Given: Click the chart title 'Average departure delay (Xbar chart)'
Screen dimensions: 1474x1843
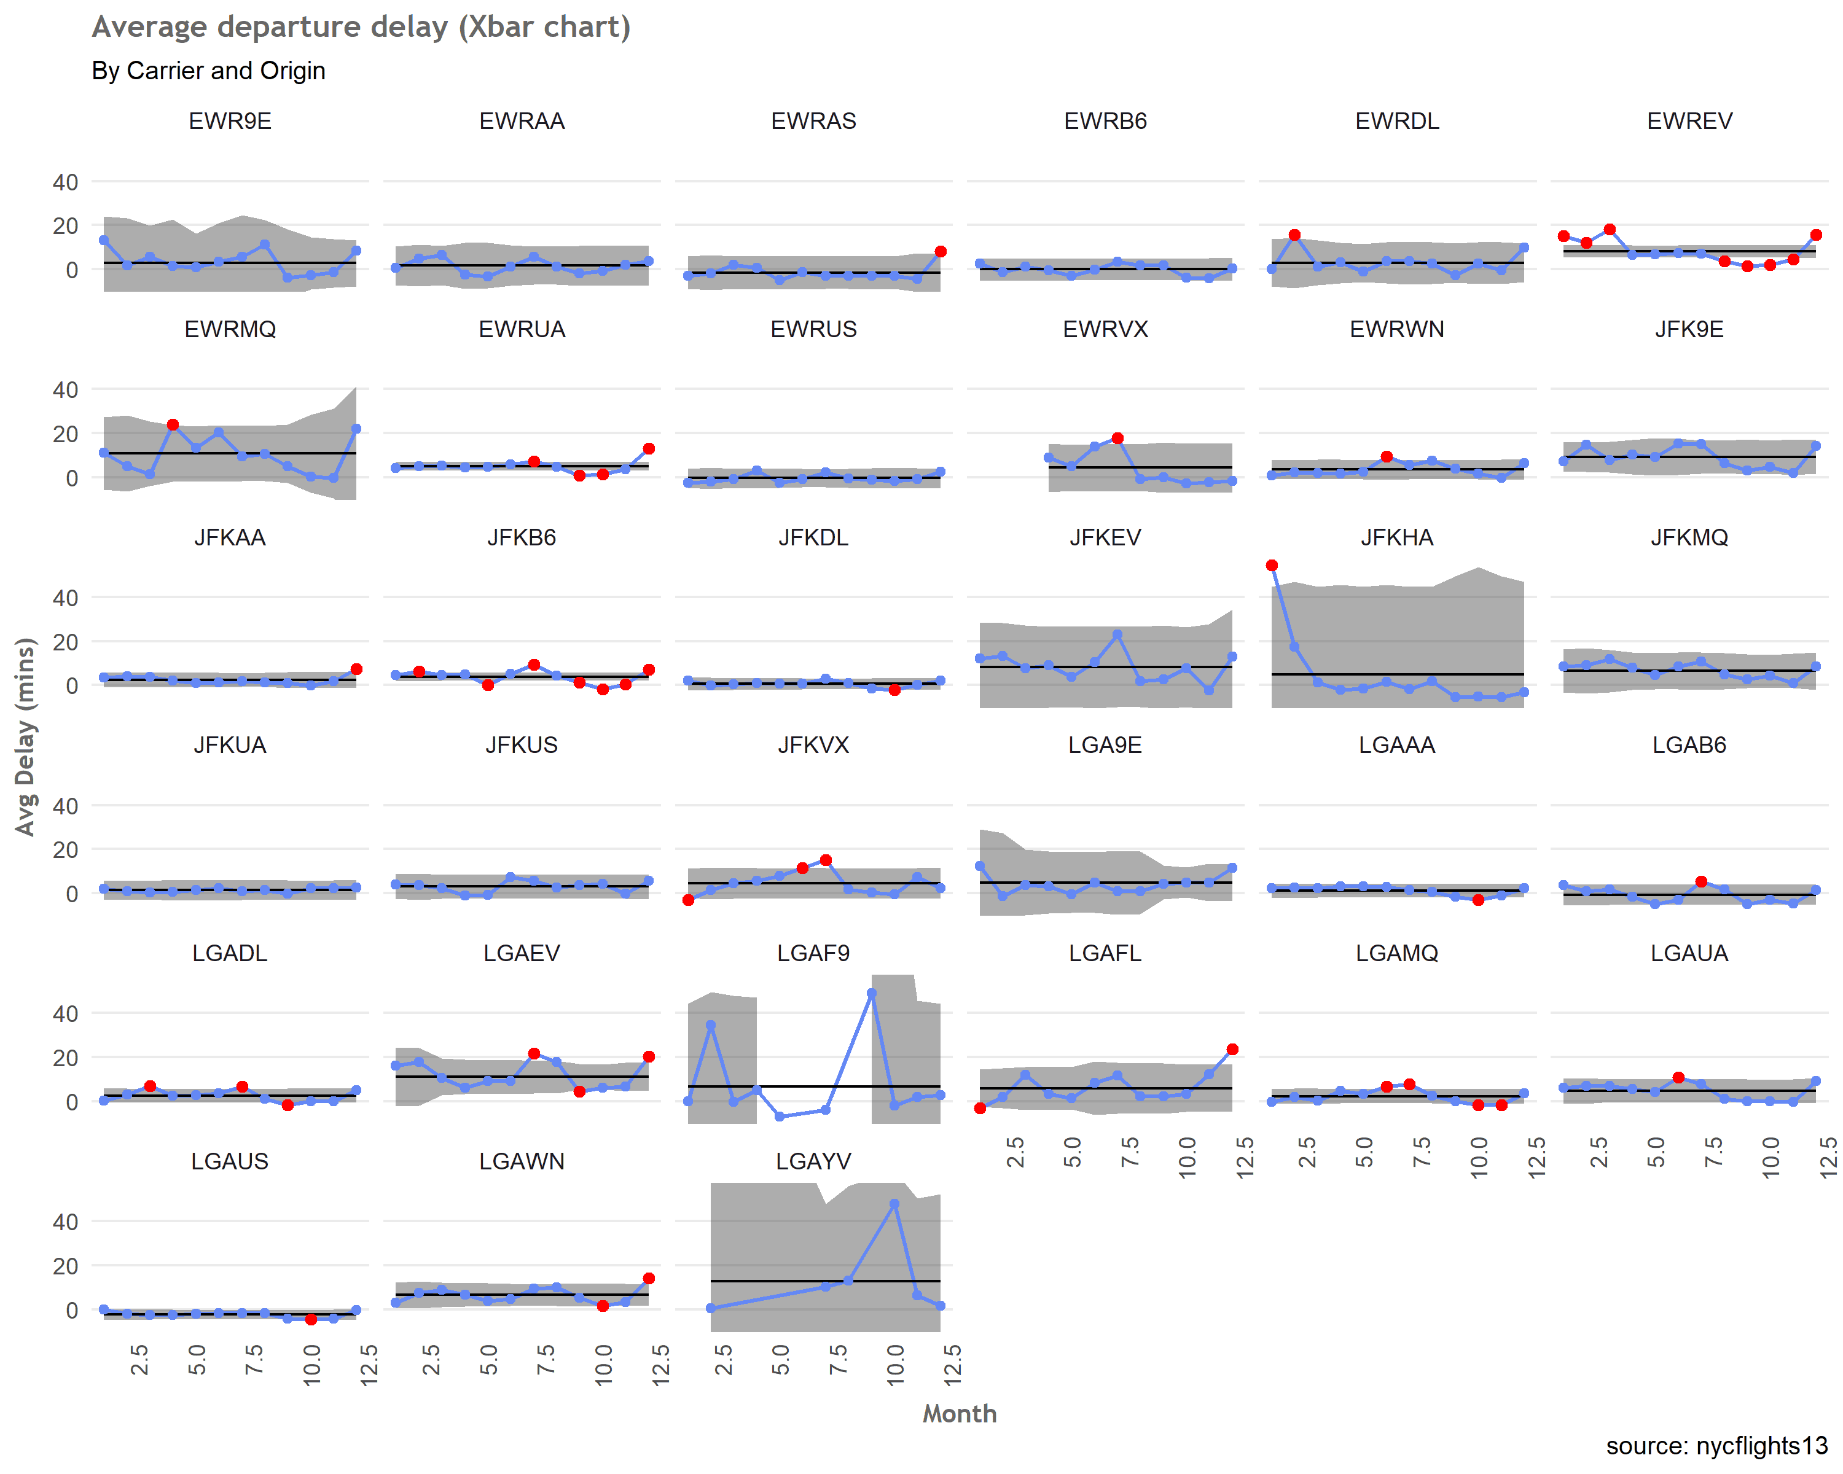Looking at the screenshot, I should pos(361,28).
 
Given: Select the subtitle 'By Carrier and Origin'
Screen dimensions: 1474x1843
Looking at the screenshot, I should pos(209,70).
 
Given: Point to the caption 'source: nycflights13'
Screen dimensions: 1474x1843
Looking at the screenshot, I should pos(1716,1445).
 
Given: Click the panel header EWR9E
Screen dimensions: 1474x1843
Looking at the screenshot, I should pos(230,122).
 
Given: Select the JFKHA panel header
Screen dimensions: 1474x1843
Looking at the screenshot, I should pos(1397,537).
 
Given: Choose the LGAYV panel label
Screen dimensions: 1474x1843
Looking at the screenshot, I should pos(813,1161).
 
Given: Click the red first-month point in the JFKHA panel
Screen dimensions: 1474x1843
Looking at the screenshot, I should pos(1272,566).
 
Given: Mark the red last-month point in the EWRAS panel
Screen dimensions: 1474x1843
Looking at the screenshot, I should pos(941,251).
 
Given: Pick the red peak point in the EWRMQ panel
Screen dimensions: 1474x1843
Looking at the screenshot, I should pos(173,424).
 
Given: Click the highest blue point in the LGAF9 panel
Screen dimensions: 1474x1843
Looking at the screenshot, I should pos(871,994).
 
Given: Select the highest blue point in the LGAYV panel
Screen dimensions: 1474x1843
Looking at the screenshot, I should pos(894,1203).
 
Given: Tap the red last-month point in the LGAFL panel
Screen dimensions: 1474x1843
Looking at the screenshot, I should pos(1232,1050).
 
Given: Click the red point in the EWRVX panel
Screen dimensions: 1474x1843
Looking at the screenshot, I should pos(1117,439).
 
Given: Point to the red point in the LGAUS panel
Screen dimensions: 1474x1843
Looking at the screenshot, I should pos(311,1319).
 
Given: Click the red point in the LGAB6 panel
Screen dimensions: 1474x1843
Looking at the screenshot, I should pos(1701,882).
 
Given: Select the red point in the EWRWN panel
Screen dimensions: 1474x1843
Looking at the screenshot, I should pos(1387,457).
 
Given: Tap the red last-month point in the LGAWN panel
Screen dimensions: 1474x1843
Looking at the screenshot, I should pos(649,1278).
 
